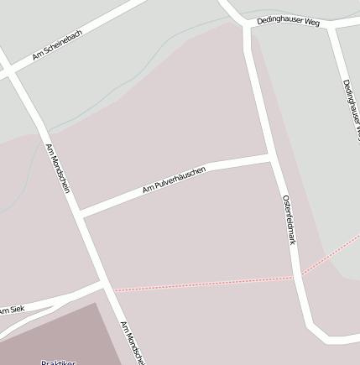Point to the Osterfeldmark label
click(289, 219)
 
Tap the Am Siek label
click(12, 310)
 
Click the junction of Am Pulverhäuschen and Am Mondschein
click(81, 212)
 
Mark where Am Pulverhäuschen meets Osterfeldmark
click(271, 158)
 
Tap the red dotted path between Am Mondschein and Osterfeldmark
click(201, 284)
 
